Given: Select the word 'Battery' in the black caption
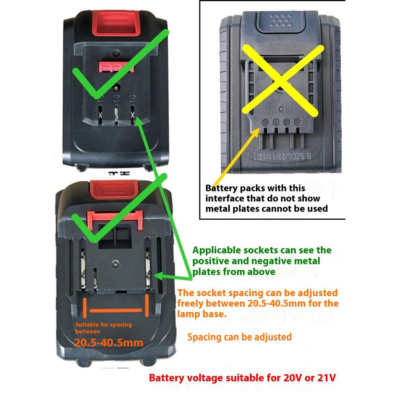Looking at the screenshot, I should coord(221,188).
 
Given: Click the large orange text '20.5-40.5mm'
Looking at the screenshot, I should coord(109,343).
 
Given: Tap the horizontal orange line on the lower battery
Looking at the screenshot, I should coord(116,311).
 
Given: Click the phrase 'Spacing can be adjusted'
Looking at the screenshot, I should coord(239,337).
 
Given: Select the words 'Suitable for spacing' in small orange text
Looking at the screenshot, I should coord(104,324).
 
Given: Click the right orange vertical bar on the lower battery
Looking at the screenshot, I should coord(147,306).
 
